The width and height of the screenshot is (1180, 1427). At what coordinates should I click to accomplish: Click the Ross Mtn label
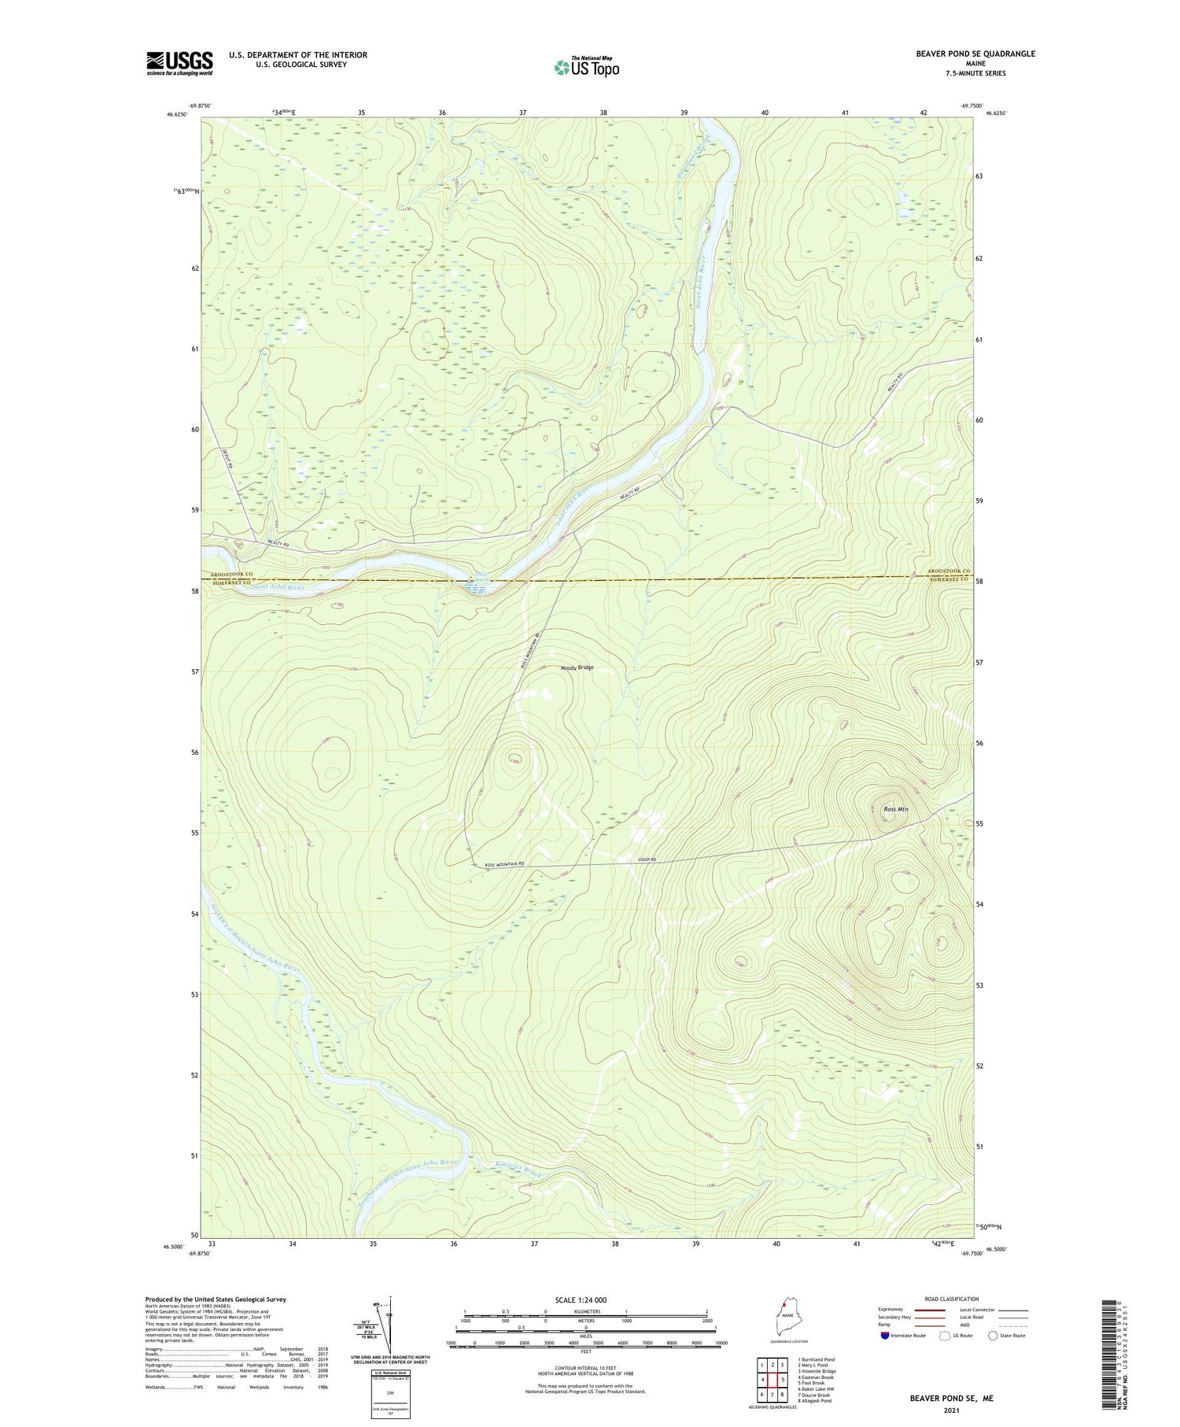pos(896,809)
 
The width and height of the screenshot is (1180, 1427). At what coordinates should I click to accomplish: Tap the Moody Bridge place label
pos(577,667)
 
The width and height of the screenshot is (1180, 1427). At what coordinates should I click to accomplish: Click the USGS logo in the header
pos(179,63)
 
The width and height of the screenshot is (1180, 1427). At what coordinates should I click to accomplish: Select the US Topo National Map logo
pos(586,67)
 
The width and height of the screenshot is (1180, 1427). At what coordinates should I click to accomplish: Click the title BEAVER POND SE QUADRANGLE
pos(975,54)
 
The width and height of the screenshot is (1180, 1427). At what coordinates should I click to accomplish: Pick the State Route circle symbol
pos(993,1335)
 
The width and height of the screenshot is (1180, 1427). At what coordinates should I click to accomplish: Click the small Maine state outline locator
pos(784,1325)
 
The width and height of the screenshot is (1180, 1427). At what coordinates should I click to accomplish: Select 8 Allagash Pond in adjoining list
pos(814,1400)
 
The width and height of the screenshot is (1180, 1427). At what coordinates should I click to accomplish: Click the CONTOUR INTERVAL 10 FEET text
pos(585,1368)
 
